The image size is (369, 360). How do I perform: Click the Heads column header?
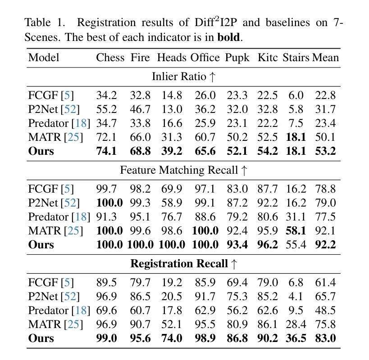[172, 58]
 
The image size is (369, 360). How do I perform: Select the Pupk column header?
[237, 58]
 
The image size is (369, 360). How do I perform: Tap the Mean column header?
[325, 58]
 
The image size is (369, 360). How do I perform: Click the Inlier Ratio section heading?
[183, 76]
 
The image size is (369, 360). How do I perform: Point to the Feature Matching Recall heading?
[183, 170]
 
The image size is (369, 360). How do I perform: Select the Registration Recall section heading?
[183, 264]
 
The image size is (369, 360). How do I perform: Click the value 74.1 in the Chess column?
[106, 151]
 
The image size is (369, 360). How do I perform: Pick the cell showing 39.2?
[172, 151]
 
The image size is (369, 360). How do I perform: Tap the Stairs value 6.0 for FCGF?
[296, 95]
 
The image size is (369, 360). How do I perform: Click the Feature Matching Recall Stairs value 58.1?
[296, 231]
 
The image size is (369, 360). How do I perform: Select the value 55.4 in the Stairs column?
[296, 245]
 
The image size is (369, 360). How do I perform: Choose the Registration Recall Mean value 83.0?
[325, 338]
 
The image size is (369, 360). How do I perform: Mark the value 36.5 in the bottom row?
[296, 338]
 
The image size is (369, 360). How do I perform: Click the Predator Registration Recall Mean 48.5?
[325, 310]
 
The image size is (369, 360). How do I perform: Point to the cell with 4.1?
[296, 297]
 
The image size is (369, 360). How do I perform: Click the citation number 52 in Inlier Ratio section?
[70, 109]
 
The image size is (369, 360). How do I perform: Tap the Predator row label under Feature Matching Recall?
[59, 217]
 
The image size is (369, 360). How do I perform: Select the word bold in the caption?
[228, 37]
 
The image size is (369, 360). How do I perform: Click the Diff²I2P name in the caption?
[215, 22]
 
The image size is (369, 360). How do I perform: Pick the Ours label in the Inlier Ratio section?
[41, 151]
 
